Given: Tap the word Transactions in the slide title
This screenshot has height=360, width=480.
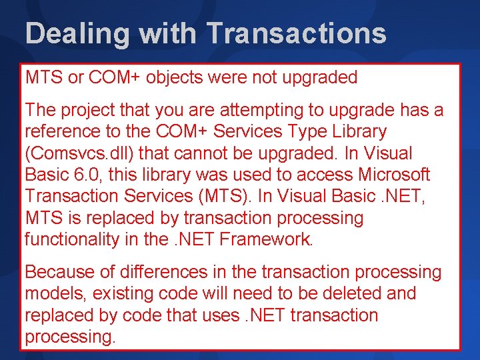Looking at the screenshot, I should tap(297, 33).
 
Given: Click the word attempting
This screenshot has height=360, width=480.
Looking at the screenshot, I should tap(247, 110).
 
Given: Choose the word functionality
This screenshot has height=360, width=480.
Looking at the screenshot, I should tap(73, 239).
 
